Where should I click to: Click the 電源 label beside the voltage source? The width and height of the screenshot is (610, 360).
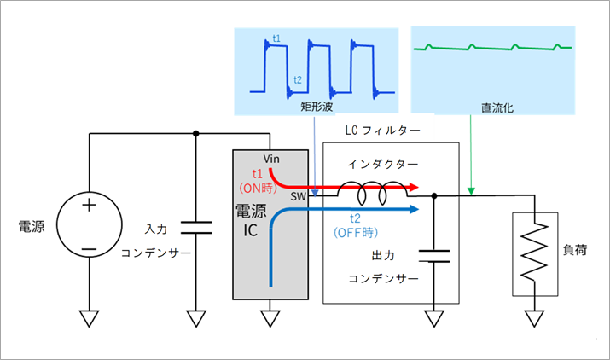31,226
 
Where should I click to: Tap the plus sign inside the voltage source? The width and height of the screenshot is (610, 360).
89,205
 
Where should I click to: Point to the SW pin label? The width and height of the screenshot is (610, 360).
299,195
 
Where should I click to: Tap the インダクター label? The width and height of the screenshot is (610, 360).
377,163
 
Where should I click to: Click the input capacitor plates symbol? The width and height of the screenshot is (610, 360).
196,228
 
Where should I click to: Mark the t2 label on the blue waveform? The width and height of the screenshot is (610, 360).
297,79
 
